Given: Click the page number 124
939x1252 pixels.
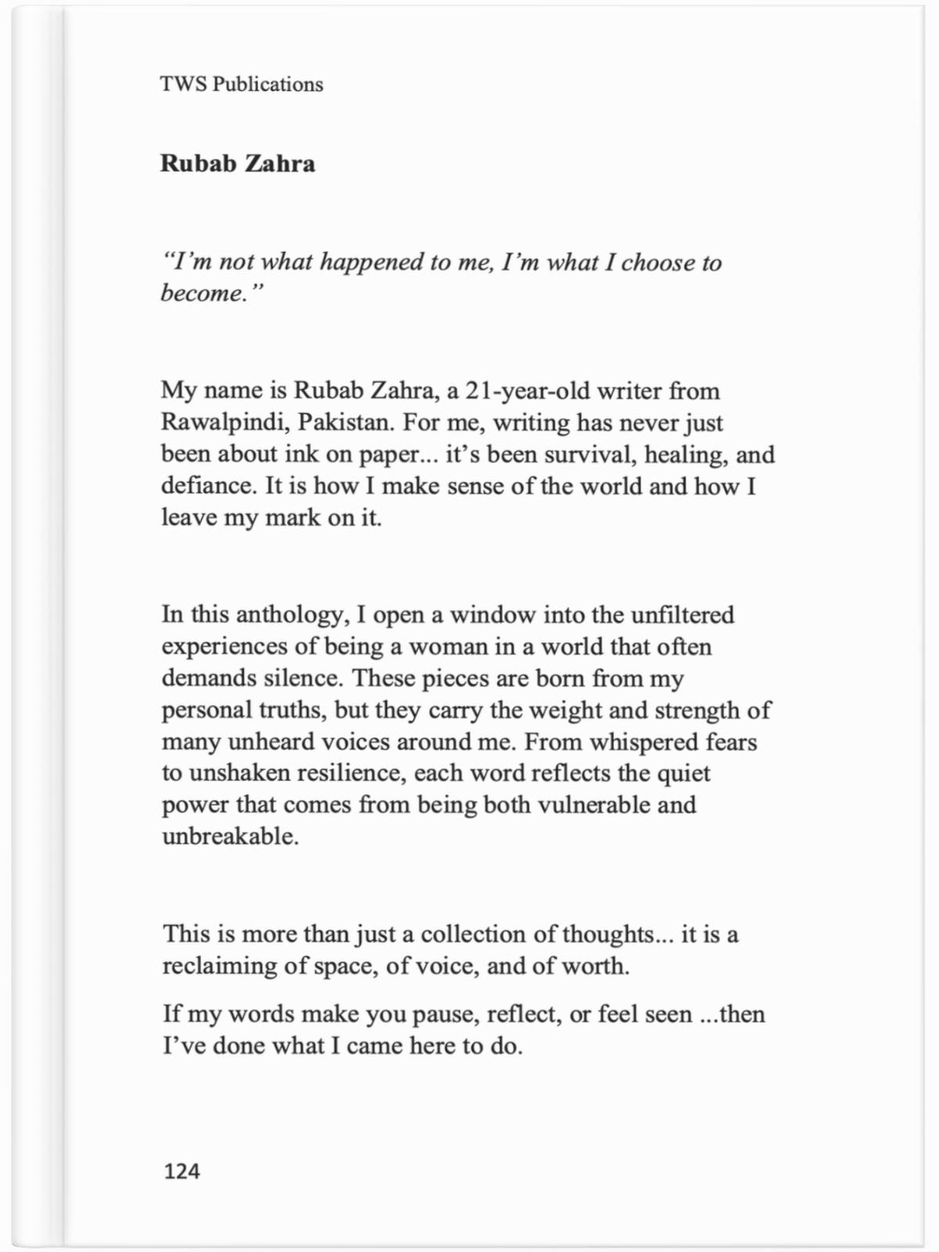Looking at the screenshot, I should pos(182,1171).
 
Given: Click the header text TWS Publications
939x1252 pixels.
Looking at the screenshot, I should pos(241,85).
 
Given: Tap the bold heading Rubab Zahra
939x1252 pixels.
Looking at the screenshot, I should pos(238,164).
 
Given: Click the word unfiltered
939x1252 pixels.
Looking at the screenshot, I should pos(682,615).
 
